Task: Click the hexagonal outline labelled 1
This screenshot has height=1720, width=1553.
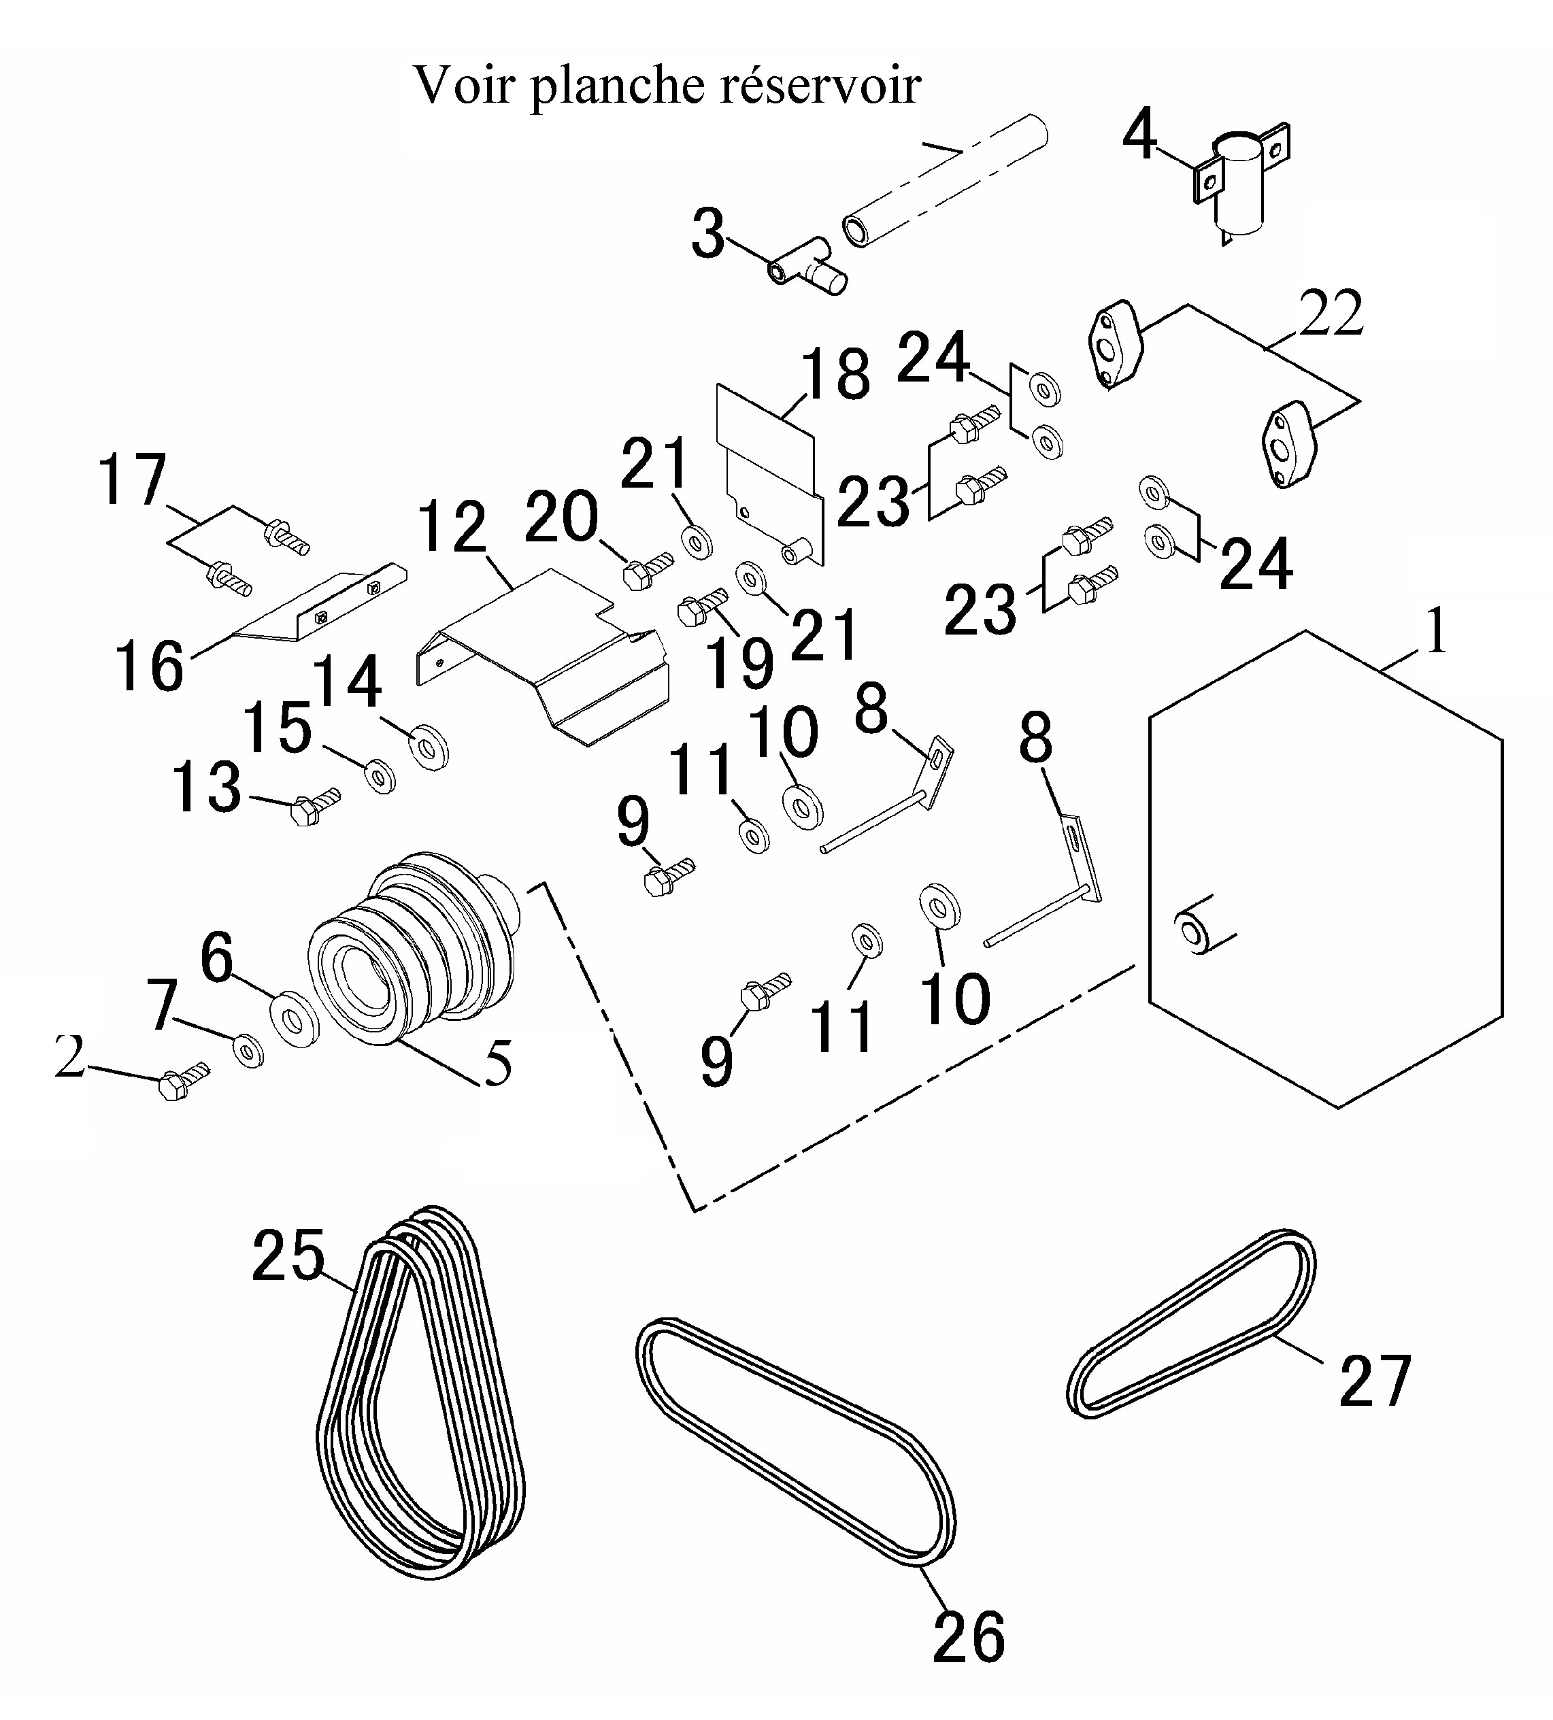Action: coord(1325,869)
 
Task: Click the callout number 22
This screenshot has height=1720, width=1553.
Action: coord(1331,314)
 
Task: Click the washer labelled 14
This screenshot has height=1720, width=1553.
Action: coord(429,747)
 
